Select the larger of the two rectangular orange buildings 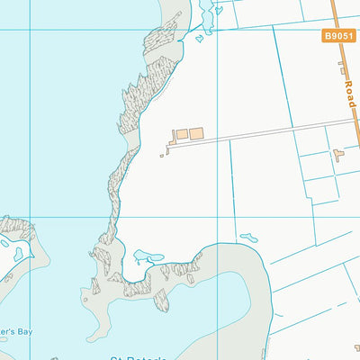click(x=196, y=133)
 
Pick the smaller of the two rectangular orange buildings click(x=181, y=134)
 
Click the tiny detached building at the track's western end click(x=163, y=155)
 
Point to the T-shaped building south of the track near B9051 click(x=338, y=155)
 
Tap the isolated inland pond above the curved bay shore click(x=249, y=238)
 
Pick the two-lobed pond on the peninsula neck click(x=141, y=257)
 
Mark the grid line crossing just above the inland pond click(x=270, y=217)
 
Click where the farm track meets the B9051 click(x=355, y=120)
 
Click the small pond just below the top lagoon click(x=199, y=39)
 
